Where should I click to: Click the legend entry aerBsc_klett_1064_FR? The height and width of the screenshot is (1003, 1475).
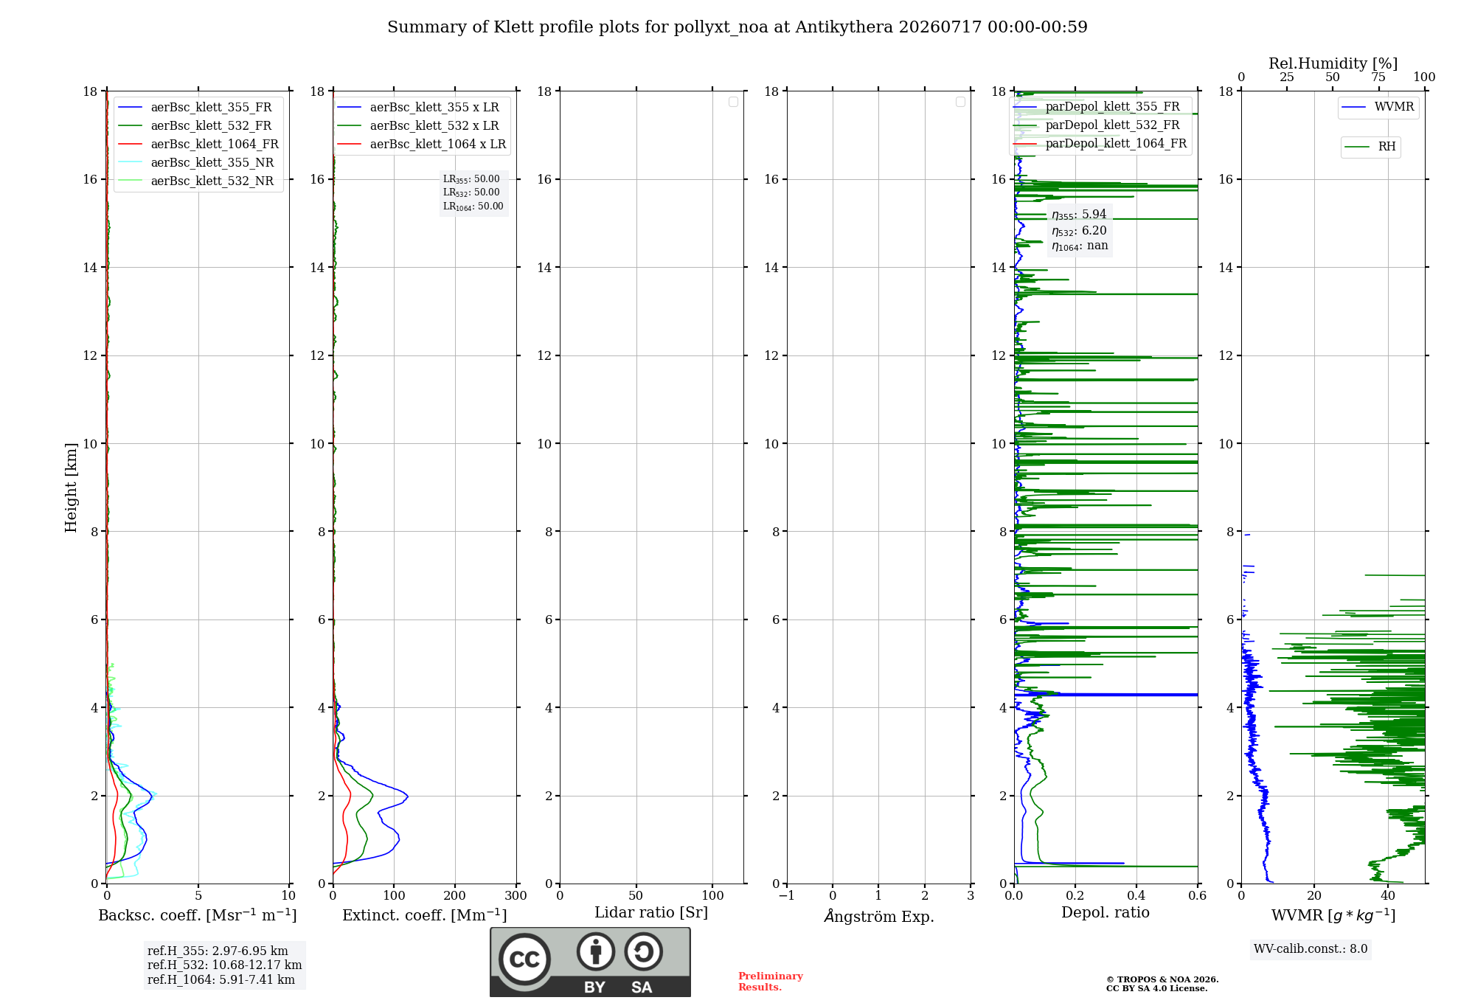(x=198, y=144)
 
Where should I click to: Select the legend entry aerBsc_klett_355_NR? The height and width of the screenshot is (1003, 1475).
(x=195, y=162)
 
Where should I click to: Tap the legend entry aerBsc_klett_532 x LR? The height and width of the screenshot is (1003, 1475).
(x=418, y=125)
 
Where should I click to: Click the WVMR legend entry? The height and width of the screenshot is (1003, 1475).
(x=1378, y=107)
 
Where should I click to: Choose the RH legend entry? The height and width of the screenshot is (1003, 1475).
(x=1371, y=147)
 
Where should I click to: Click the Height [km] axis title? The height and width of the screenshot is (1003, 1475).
(x=71, y=487)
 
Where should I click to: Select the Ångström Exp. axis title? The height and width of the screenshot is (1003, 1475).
(x=879, y=916)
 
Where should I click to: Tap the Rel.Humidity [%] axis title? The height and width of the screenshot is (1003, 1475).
(x=1333, y=63)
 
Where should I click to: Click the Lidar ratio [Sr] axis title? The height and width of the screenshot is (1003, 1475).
(x=651, y=912)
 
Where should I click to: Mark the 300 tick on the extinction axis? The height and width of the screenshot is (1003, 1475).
(x=516, y=895)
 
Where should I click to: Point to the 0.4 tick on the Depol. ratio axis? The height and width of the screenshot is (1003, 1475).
(x=1136, y=895)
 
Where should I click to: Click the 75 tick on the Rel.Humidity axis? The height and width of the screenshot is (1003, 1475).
(x=1378, y=77)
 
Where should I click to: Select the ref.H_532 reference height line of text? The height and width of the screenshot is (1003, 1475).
(x=224, y=965)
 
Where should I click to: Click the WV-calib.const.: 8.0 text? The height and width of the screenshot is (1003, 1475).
(x=1311, y=948)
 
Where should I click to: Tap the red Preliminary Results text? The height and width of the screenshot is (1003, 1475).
(x=771, y=982)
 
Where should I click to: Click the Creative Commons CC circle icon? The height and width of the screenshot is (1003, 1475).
(x=524, y=959)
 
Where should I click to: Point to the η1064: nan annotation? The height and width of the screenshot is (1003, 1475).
(x=1080, y=246)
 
